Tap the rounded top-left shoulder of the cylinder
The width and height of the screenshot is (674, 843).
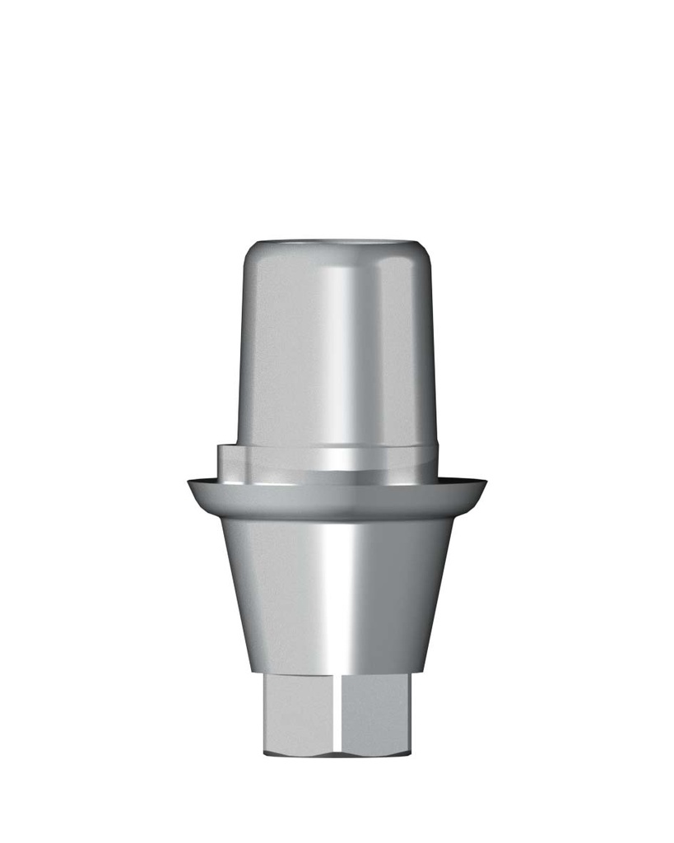pyautogui.click(x=250, y=255)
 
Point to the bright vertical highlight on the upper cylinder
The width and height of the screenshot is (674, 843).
pyautogui.click(x=346, y=346)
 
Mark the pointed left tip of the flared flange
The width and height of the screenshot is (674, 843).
pyautogui.click(x=190, y=483)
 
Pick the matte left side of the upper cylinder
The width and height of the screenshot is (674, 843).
pyautogui.click(x=272, y=354)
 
